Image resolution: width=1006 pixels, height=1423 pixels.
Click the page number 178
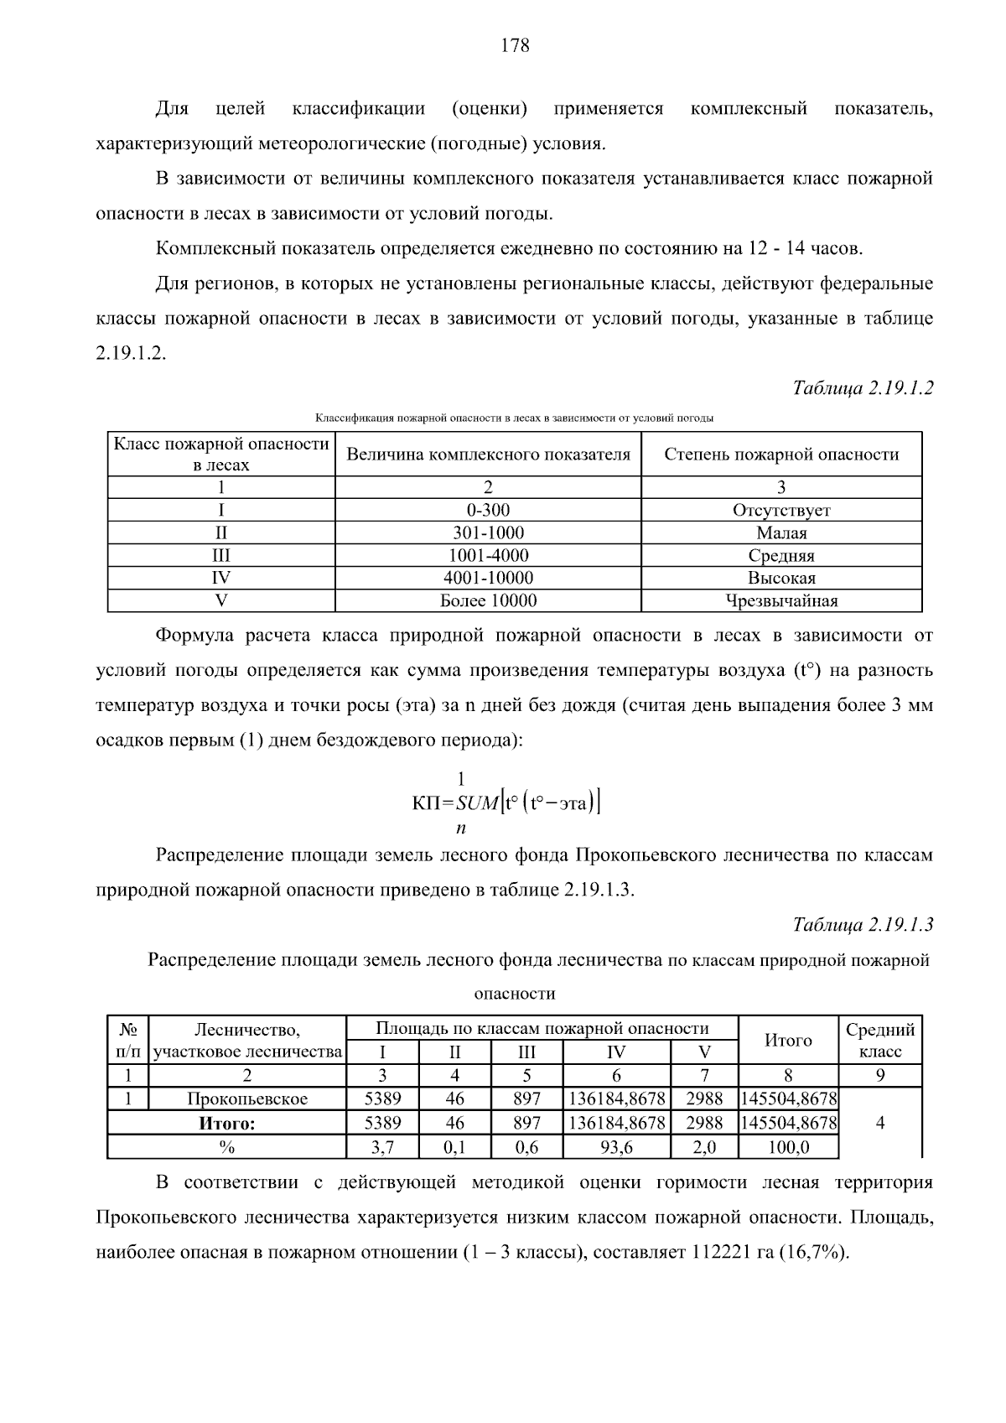click(515, 46)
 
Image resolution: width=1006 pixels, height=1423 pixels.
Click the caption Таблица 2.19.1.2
click(863, 388)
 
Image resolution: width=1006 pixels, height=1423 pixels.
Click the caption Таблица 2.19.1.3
click(863, 925)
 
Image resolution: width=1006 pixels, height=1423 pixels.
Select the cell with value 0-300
click(488, 510)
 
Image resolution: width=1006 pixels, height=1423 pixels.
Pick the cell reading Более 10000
click(488, 600)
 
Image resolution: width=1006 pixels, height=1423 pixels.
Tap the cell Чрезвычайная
click(781, 600)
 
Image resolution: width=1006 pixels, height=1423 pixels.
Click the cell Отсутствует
click(781, 510)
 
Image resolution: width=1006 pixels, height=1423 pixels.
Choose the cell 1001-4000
click(488, 555)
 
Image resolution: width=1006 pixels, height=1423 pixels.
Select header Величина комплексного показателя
click(488, 454)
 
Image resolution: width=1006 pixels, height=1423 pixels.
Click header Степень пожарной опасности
click(781, 454)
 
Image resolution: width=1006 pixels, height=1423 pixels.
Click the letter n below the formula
click(460, 828)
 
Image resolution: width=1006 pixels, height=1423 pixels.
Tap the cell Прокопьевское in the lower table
click(247, 1098)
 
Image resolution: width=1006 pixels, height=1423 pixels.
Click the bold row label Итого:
click(226, 1124)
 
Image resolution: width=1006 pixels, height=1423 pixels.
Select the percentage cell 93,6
click(616, 1147)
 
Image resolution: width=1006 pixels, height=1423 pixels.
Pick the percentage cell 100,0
click(788, 1147)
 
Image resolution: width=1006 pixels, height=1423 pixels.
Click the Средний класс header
click(880, 1040)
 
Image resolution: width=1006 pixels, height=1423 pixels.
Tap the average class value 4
click(880, 1123)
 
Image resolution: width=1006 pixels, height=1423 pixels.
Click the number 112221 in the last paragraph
click(722, 1253)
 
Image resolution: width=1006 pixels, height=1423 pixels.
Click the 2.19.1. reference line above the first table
click(132, 354)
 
